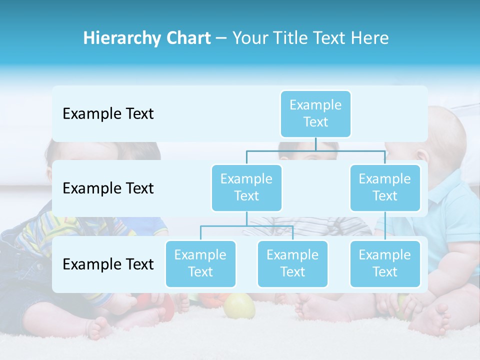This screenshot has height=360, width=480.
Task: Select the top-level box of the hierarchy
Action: pyautogui.click(x=315, y=113)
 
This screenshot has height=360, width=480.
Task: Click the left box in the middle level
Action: pyautogui.click(x=246, y=187)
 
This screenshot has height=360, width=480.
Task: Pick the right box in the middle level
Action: pyautogui.click(x=385, y=187)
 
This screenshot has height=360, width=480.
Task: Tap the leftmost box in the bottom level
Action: pyautogui.click(x=200, y=263)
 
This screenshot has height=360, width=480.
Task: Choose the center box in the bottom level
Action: pyautogui.click(x=292, y=263)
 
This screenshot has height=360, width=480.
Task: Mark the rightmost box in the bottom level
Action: pyautogui.click(x=385, y=263)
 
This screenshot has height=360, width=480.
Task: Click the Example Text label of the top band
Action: pyautogui.click(x=108, y=114)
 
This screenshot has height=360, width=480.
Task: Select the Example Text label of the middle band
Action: pyautogui.click(x=108, y=188)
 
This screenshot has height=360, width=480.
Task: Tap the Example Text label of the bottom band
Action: pyautogui.click(x=108, y=264)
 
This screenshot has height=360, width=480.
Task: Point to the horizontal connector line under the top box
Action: pyautogui.click(x=315, y=150)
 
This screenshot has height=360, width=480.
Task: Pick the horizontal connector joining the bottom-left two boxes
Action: pyautogui.click(x=246, y=226)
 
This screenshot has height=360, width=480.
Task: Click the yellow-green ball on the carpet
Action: pyautogui.click(x=239, y=306)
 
